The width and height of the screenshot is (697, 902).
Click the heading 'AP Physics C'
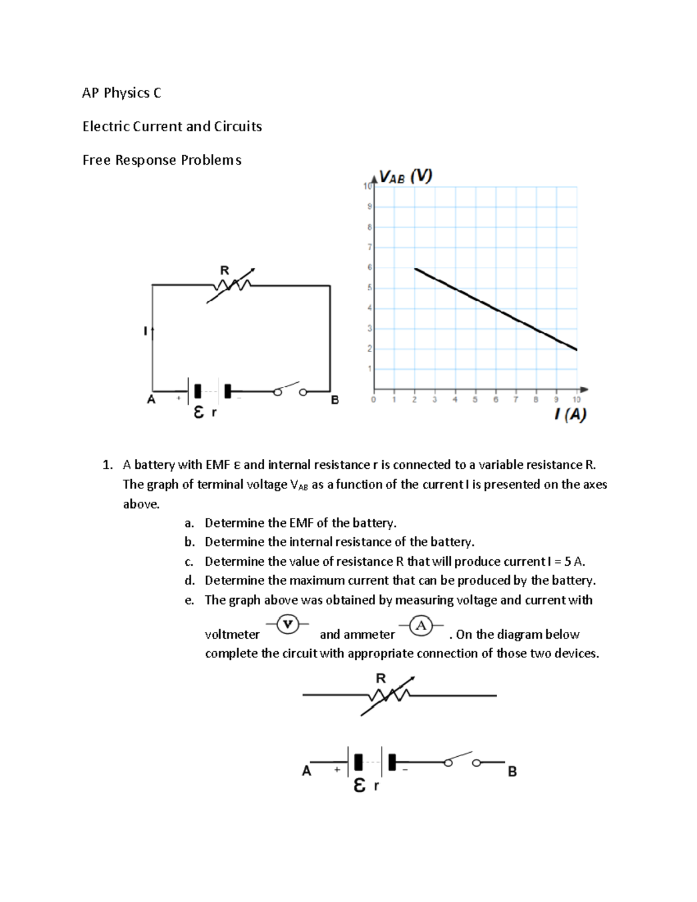(121, 93)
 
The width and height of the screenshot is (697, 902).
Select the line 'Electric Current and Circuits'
(172, 127)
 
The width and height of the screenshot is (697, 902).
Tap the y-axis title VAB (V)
(405, 177)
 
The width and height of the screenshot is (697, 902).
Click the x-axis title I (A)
(570, 414)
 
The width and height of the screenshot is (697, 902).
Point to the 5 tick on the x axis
(475, 400)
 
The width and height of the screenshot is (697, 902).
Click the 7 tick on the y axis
(369, 247)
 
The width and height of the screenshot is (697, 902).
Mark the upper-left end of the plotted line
(415, 269)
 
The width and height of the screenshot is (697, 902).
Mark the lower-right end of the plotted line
(576, 350)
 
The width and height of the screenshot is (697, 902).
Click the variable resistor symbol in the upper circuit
(232, 285)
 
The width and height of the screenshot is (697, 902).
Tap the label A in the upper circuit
(151, 400)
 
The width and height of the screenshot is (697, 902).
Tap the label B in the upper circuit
(335, 400)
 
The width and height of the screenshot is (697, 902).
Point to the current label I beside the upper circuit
(145, 331)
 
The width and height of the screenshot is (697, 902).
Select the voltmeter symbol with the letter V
(287, 624)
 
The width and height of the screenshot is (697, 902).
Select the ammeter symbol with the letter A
(421, 626)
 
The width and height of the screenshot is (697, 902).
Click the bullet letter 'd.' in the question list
(189, 581)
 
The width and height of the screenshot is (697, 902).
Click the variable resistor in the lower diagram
(388, 695)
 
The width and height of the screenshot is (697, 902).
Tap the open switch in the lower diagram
(462, 760)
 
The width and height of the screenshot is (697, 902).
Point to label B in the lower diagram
(512, 772)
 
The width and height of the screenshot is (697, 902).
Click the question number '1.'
(107, 465)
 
